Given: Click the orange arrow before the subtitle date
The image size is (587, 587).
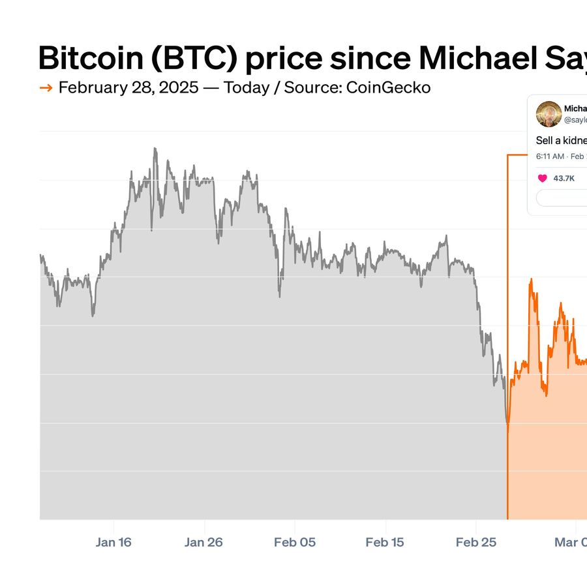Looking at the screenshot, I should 46,88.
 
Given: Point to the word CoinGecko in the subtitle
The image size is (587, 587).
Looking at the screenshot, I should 390,87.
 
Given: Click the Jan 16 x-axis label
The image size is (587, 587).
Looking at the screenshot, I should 113,542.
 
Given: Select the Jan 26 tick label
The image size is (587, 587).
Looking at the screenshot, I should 204,542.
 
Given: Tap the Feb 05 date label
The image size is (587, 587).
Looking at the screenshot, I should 295,542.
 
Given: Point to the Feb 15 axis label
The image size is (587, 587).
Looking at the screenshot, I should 385,542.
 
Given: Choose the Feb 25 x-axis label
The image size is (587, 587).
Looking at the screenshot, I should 475,542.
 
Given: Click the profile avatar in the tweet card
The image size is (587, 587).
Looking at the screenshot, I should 549,114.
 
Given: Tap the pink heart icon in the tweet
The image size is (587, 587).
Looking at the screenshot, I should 542,178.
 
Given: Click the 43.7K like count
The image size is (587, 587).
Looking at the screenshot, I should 564,178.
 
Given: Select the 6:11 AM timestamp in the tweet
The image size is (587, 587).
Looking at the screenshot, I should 550,157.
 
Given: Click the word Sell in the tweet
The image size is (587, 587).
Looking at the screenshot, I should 544,140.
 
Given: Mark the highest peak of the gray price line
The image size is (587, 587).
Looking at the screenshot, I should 155,149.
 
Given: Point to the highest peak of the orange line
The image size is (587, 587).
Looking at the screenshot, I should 531,280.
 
